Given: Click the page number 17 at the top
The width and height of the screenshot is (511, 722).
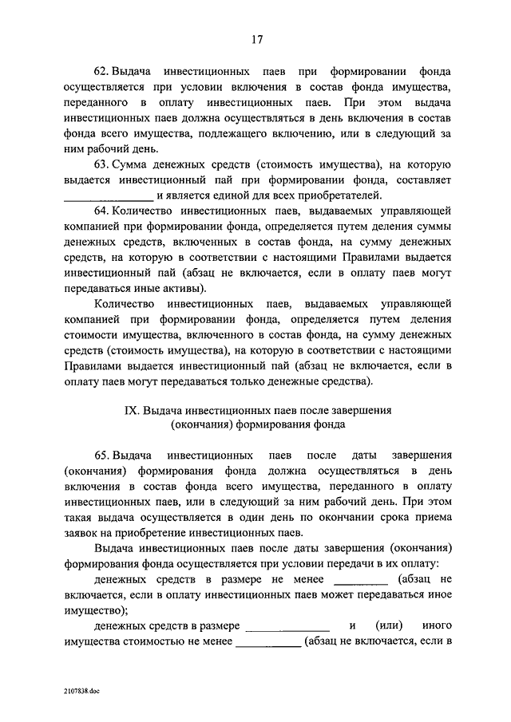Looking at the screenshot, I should click(x=255, y=40).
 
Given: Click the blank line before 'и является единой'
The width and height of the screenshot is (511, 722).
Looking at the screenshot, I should click(x=107, y=195).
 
